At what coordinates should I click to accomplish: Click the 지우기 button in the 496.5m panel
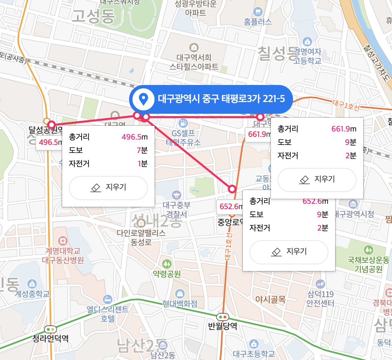coord(108,188)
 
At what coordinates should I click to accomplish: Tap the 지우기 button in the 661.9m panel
coord(317,180)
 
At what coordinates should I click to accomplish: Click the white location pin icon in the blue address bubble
coord(143,99)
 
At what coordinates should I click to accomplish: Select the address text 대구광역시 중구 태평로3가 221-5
coord(221,99)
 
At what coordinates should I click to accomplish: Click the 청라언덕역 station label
coord(51,338)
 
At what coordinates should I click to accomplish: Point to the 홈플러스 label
coord(258,22)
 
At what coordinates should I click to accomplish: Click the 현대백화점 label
coord(180,303)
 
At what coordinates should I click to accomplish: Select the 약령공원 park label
coord(167,274)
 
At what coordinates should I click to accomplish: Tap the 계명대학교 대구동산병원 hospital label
coord(63,255)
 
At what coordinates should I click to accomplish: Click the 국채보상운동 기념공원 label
coord(368,264)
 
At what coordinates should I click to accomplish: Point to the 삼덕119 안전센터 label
coord(320,298)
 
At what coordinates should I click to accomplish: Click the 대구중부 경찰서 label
coord(177,209)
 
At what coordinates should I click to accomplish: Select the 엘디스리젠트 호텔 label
coord(108,313)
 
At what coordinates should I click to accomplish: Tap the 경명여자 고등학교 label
coord(307,56)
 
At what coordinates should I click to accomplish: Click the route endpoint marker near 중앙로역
coord(232,189)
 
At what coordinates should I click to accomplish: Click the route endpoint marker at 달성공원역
coord(52,125)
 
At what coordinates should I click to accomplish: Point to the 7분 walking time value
coord(142,150)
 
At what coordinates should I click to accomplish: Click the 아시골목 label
coord(271,299)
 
